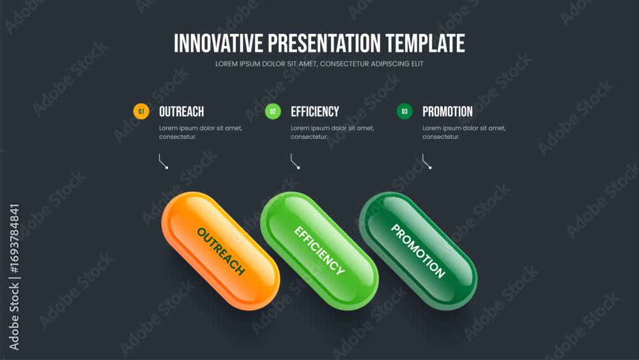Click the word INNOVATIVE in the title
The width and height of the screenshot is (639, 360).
pos(219,43)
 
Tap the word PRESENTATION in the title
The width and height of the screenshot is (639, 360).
pos(324,43)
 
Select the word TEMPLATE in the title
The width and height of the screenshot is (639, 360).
pos(425,43)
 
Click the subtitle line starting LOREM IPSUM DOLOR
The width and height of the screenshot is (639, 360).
pos(319,63)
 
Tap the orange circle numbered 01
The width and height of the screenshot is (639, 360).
pos(141,111)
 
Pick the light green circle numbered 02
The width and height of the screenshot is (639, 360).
pos(273,111)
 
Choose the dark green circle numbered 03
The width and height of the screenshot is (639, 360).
pos(404,111)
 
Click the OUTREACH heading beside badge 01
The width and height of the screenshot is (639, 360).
pos(181,112)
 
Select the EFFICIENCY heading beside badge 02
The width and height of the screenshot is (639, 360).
pos(314,112)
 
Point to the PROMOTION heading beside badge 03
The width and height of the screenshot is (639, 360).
pos(447,112)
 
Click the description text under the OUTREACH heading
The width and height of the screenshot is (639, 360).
pos(201,132)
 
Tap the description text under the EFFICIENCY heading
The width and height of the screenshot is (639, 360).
pos(332,132)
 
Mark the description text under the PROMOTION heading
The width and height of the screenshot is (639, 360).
pos(464,132)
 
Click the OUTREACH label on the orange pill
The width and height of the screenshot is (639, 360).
pos(221,251)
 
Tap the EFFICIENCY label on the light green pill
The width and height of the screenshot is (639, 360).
pos(319,250)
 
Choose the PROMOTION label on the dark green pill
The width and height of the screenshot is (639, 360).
pos(418,251)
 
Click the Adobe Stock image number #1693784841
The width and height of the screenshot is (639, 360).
pos(14,239)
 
